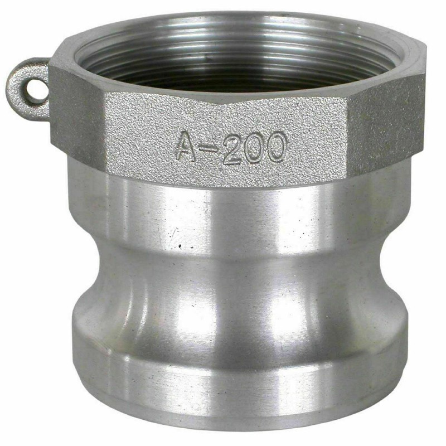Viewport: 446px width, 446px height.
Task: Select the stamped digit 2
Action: [232, 148]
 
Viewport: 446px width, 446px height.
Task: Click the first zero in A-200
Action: [254, 148]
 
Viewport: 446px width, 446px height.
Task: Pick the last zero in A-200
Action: [275, 147]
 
